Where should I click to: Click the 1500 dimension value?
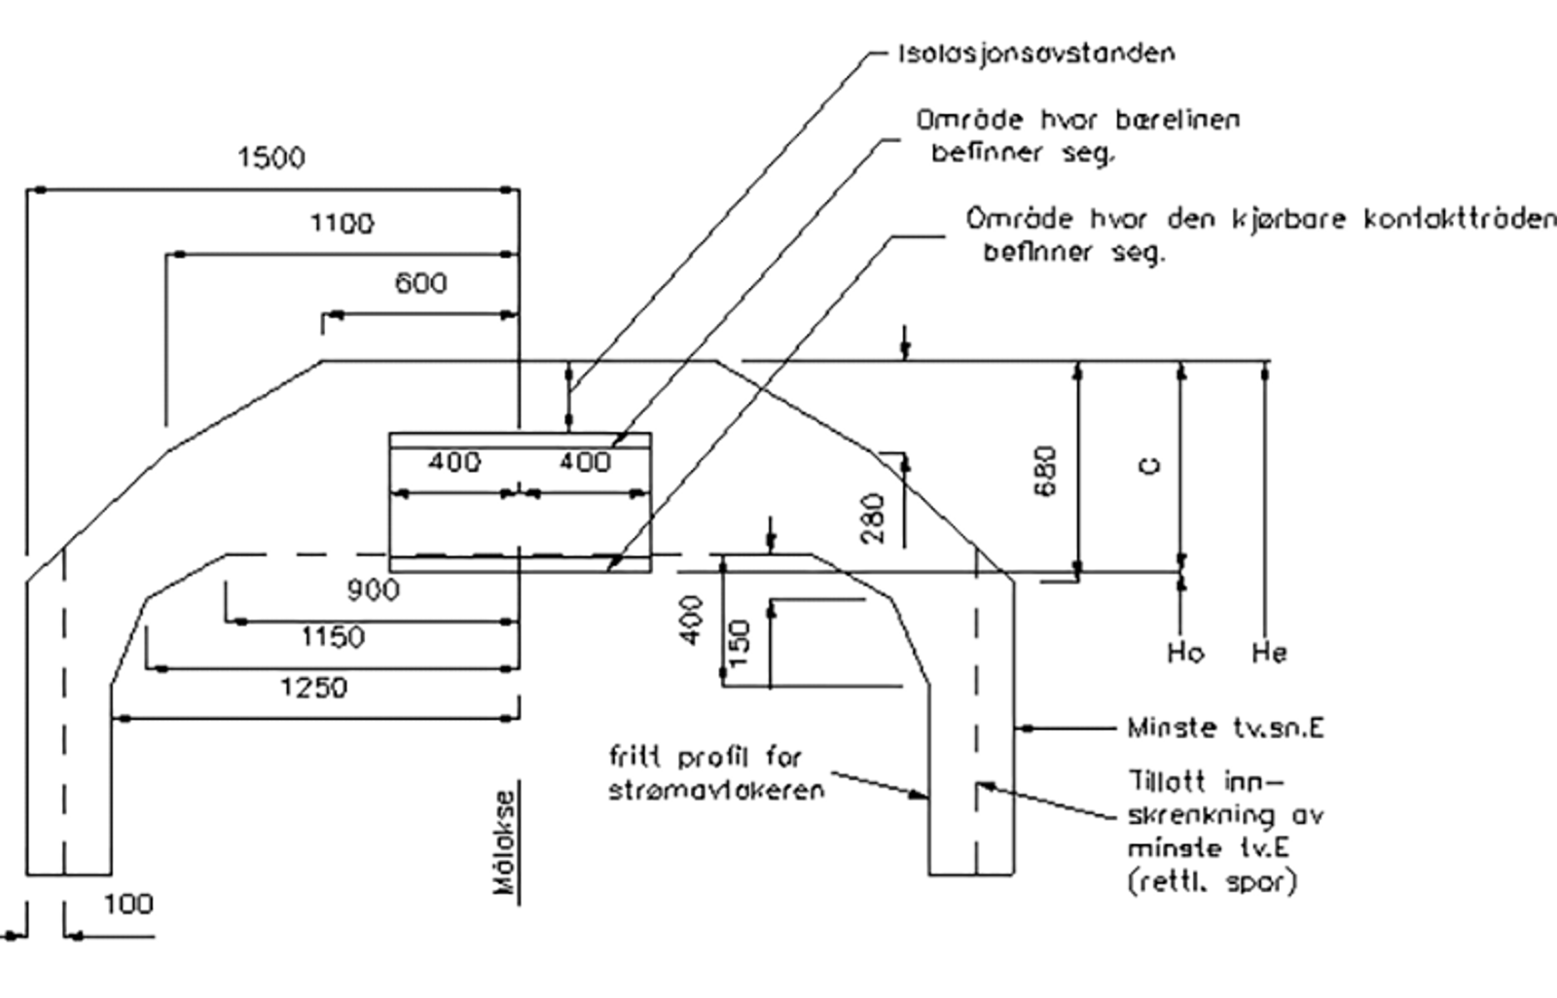click(x=272, y=158)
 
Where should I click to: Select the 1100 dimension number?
click(x=342, y=224)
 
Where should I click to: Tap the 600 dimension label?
click(x=420, y=284)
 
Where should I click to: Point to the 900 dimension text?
click(x=374, y=590)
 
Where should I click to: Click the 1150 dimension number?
click(x=332, y=636)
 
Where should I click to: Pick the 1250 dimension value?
click(x=313, y=688)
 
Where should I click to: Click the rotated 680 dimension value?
click(x=1045, y=471)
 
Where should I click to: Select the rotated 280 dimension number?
click(x=872, y=518)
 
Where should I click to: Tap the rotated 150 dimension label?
click(x=741, y=643)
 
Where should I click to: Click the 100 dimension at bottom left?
click(x=128, y=905)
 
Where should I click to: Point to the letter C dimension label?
click(x=1151, y=466)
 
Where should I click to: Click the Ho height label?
click(x=1186, y=653)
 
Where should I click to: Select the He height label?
click(x=1269, y=653)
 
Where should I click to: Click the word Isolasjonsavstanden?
click(x=1036, y=53)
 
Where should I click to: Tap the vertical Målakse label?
click(x=505, y=842)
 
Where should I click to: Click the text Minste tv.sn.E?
click(x=1225, y=728)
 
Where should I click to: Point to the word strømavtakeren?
click(x=716, y=790)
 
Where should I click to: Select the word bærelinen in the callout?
click(x=1177, y=120)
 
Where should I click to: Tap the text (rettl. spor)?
click(x=1212, y=882)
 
